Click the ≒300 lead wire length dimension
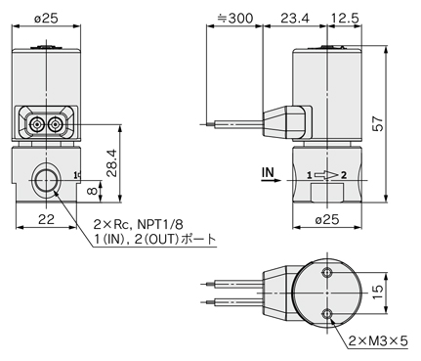(x=234, y=19)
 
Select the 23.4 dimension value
(x=295, y=19)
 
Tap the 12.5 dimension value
(x=345, y=19)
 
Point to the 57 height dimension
(x=378, y=123)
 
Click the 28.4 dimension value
(x=112, y=162)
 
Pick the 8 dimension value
(x=93, y=191)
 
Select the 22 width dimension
(x=46, y=219)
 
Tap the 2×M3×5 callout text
(x=378, y=341)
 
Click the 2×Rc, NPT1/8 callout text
(x=138, y=225)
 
